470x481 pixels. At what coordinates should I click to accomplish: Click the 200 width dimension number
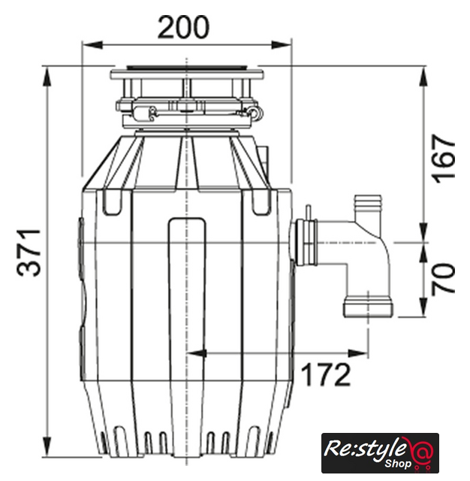[183, 27]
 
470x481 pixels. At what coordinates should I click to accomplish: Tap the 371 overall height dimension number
[29, 253]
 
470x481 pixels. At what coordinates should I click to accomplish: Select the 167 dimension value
[443, 159]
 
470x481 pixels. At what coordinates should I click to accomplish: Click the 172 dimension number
[326, 374]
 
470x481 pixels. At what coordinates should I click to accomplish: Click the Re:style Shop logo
[380, 452]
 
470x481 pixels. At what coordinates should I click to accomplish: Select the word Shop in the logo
[398, 463]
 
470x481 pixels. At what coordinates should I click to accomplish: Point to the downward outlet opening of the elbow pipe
[368, 306]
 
